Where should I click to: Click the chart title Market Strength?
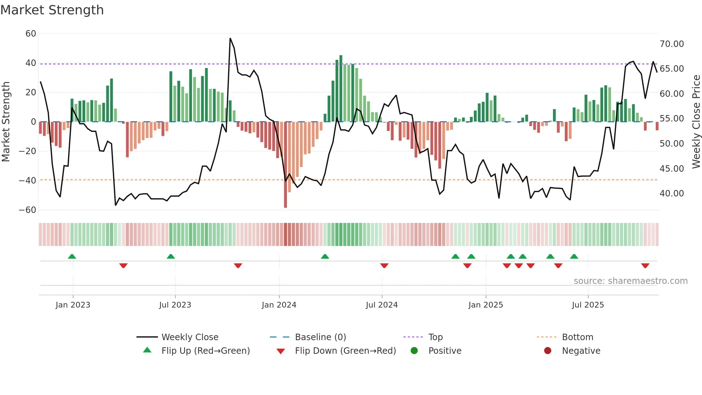point(52,10)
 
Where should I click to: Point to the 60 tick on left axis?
point(31,34)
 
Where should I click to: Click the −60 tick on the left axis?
point(28,210)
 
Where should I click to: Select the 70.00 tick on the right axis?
point(672,44)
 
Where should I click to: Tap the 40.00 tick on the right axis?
point(672,194)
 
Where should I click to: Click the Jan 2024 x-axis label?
point(279,305)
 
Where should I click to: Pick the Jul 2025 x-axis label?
point(588,305)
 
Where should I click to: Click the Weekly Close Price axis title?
point(696,122)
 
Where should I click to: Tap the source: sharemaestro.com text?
point(630,281)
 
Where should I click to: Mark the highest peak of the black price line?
point(230,38)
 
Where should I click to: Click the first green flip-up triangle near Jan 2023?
point(72,257)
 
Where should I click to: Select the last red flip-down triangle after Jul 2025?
point(645,266)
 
